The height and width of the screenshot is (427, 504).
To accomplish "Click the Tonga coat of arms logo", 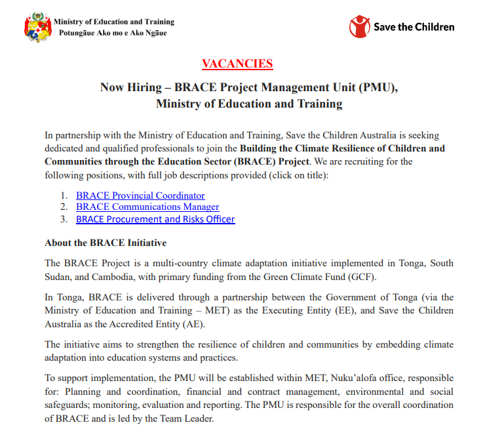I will click(x=37, y=28).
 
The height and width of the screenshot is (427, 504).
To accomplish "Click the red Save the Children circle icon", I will click(x=359, y=27).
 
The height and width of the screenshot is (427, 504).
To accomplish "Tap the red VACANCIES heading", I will click(x=237, y=64).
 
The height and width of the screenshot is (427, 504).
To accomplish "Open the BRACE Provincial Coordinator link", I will click(x=140, y=195).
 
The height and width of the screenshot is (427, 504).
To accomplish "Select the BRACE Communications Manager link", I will click(x=147, y=207).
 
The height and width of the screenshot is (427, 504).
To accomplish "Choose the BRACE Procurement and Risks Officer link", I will click(x=155, y=219).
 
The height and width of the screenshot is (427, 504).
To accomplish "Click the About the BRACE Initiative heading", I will click(x=106, y=243).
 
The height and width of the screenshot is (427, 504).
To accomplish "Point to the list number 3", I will click(x=64, y=219).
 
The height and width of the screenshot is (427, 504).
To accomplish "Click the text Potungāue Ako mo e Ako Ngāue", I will click(x=113, y=33).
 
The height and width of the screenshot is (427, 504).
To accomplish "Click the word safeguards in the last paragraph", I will click(x=71, y=404).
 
